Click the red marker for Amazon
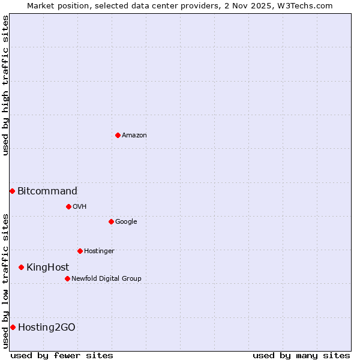pos(118,135)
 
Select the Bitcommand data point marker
pos(12,191)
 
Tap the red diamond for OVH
pos(68,206)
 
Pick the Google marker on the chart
pos(111,221)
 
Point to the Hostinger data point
pos(80,251)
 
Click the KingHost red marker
pos(21,267)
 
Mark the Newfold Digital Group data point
pos(67,278)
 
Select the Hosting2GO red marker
pos(13,327)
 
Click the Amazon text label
pos(134,135)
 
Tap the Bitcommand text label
pos(47,191)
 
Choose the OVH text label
pos(79,206)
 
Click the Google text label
pos(126,221)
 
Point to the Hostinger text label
pos(99,251)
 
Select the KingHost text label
pos(47,267)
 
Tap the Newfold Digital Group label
pos(106,278)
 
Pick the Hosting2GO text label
pos(47,327)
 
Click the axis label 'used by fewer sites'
pos(62,355)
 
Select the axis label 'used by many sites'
pos(301,355)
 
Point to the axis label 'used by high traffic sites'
pos(5,85)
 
